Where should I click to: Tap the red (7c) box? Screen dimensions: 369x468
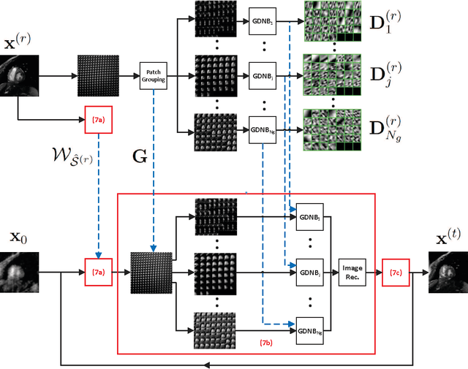tap(395, 273)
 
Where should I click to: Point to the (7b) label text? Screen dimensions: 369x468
tap(268, 341)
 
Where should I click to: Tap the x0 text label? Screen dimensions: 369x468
tap(18, 237)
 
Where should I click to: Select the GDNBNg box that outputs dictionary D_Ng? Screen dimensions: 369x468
tap(262, 130)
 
